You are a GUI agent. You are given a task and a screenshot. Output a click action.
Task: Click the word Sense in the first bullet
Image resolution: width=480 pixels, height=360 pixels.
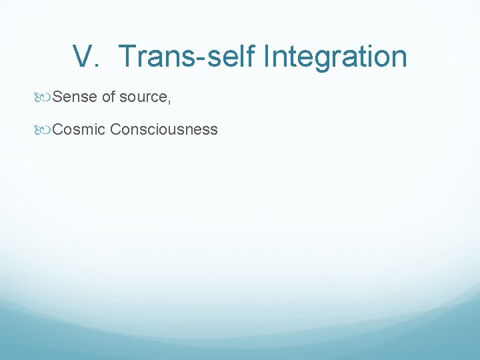click(75, 97)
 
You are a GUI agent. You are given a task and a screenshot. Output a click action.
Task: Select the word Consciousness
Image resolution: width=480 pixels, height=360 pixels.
click(164, 129)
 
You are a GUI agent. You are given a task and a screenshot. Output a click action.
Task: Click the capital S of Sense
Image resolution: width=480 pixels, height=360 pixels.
click(57, 97)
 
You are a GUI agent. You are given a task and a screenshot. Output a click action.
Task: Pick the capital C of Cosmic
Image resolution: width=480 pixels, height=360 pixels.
click(58, 129)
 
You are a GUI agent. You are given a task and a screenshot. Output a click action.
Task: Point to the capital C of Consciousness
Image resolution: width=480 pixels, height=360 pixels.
click(116, 129)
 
